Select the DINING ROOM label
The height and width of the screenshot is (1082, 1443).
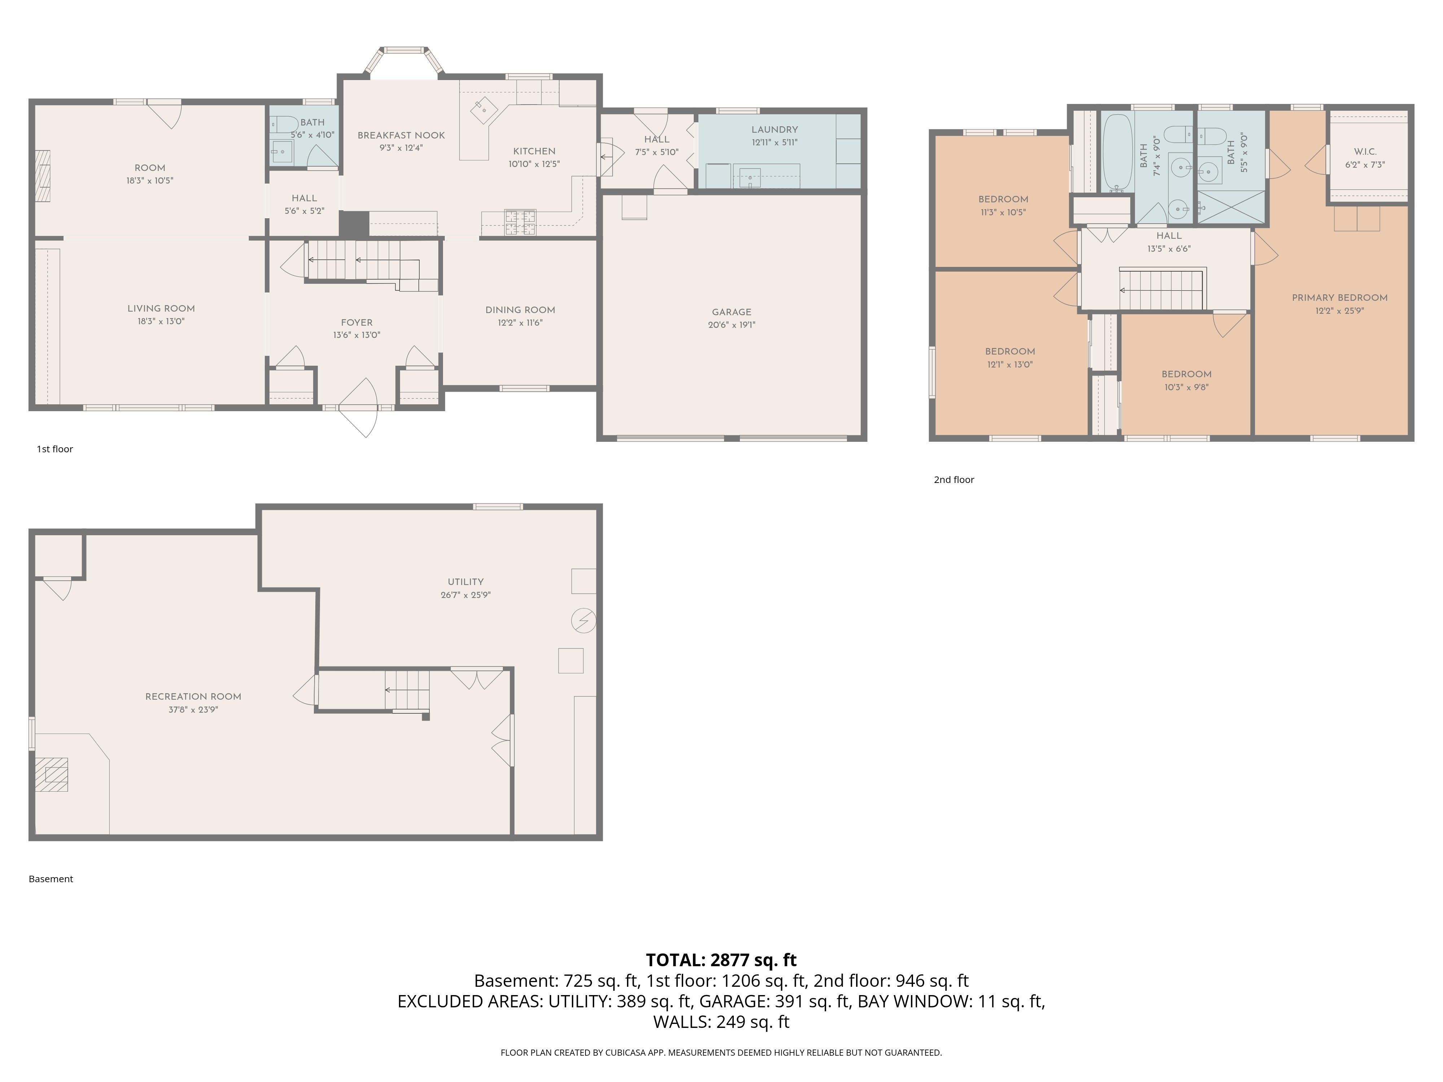[520, 310]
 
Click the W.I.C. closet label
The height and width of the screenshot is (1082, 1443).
[1365, 152]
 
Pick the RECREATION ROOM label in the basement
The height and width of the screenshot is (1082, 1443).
[193, 696]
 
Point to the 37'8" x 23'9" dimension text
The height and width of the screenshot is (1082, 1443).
[193, 709]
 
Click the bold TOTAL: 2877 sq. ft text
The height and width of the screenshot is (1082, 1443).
[721, 960]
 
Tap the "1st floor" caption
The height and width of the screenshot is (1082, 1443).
[55, 449]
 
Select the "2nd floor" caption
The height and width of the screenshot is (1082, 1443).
[954, 479]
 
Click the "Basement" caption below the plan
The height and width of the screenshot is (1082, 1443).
[51, 879]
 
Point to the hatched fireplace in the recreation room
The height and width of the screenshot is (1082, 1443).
[52, 774]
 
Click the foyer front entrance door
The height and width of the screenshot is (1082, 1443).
[358, 408]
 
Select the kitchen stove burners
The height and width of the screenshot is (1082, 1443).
[520, 223]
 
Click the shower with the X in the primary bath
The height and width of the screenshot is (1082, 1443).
[1231, 207]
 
